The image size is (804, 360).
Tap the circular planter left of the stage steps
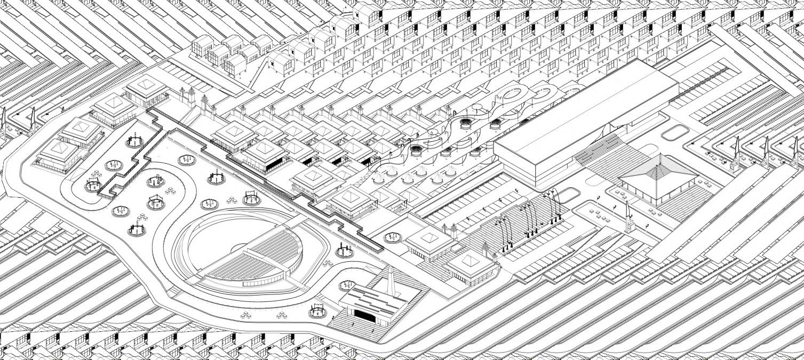point(316,309)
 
